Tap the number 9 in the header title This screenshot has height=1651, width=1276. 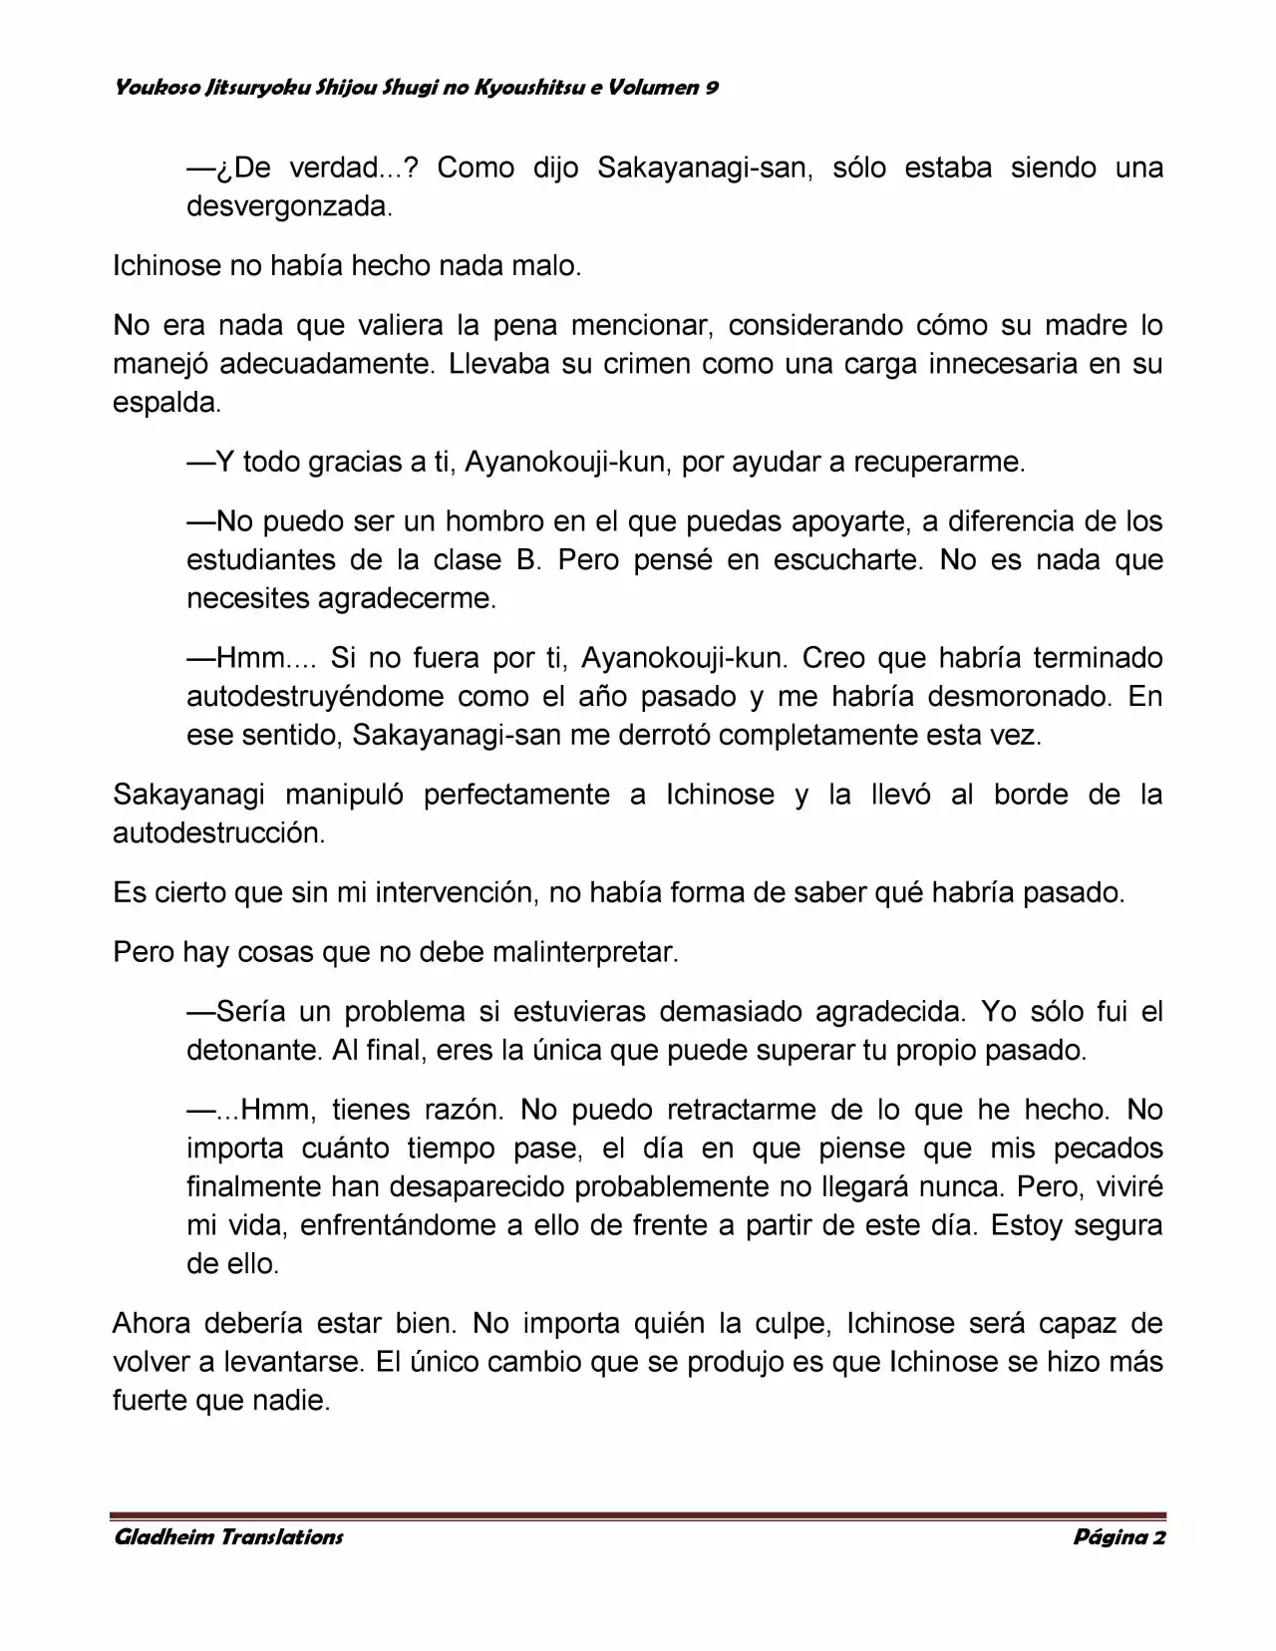coord(713,88)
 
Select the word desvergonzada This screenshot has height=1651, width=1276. coord(288,206)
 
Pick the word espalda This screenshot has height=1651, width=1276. coord(165,403)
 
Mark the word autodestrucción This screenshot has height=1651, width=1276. coord(218,833)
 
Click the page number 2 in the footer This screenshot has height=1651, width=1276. coord(1158,1537)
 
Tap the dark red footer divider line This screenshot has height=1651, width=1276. coord(638,1515)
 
